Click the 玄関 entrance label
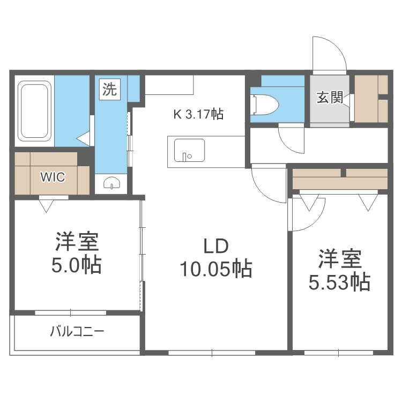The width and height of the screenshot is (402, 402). (x=329, y=98)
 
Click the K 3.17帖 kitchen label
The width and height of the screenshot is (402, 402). (x=198, y=114)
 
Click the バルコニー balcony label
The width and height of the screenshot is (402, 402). (x=77, y=331)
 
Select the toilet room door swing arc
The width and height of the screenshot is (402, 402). (x=292, y=139)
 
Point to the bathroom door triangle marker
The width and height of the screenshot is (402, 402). (x=84, y=139)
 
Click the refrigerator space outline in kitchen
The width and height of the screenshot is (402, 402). (x=169, y=85)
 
